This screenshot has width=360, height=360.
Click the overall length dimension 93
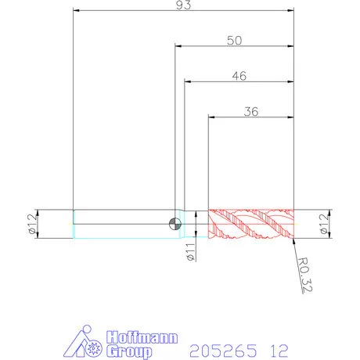pyautogui.click(x=183, y=5)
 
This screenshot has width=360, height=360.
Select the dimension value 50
pyautogui.click(x=235, y=41)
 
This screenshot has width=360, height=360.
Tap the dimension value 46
pyautogui.click(x=239, y=76)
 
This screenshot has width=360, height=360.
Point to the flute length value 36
pyautogui.click(x=251, y=111)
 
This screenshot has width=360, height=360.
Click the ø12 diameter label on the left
pyautogui.click(x=32, y=224)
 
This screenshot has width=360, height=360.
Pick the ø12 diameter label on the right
pyautogui.click(x=323, y=224)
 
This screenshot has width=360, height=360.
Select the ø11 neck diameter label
pyautogui.click(x=191, y=252)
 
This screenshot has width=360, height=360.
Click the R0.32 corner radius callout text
pyautogui.click(x=305, y=275)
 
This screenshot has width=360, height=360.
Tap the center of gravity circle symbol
pyautogui.click(x=175, y=224)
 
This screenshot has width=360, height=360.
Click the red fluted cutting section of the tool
pyautogui.click(x=251, y=224)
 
